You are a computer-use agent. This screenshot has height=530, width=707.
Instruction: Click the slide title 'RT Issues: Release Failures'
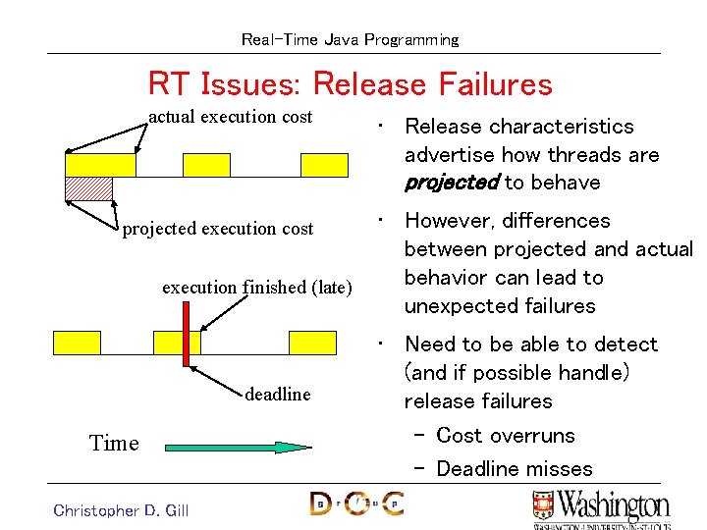click(x=350, y=84)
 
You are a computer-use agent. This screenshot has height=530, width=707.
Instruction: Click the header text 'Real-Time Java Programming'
click(x=350, y=40)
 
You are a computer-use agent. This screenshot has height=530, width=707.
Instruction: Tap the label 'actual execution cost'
click(x=230, y=117)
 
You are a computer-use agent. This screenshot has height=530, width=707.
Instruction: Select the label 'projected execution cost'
click(x=217, y=229)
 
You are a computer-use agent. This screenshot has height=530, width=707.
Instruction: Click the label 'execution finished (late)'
click(x=256, y=288)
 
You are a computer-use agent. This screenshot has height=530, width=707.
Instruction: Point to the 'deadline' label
click(x=277, y=395)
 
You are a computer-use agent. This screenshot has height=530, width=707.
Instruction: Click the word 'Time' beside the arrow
click(x=114, y=444)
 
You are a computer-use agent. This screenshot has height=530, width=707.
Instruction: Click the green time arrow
click(x=237, y=447)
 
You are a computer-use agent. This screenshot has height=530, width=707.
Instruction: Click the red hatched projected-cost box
click(x=88, y=187)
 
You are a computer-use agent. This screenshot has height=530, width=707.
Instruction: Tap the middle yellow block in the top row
click(x=206, y=164)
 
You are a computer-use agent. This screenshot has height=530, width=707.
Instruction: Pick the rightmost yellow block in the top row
click(x=324, y=164)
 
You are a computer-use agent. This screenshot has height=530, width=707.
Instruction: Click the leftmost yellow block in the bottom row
click(x=77, y=342)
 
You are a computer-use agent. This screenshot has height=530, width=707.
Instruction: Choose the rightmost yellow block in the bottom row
click(x=312, y=342)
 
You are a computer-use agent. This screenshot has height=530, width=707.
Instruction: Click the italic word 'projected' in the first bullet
click(x=452, y=184)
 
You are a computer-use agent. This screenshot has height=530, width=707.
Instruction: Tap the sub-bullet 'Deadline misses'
click(x=514, y=469)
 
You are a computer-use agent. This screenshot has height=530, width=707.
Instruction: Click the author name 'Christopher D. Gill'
click(x=121, y=509)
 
